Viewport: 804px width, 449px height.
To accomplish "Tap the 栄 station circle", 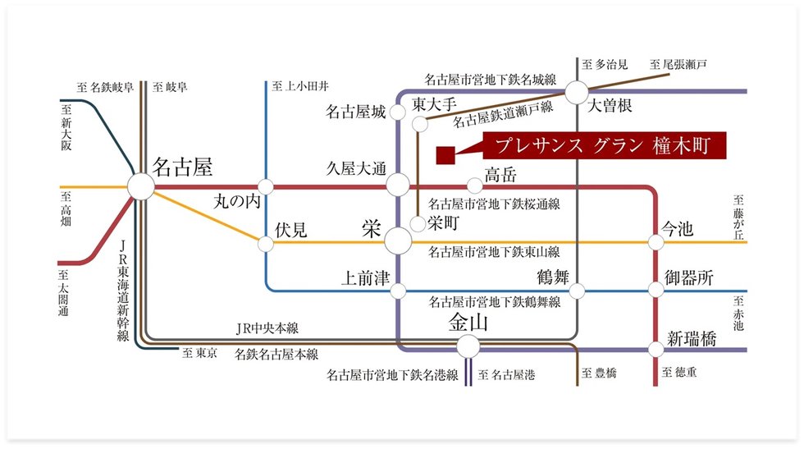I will coord(398,242).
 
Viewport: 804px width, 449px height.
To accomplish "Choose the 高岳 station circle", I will coord(474,186).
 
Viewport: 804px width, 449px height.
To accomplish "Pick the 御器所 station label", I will coord(689,279).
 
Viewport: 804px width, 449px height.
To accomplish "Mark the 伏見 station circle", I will coord(266,243).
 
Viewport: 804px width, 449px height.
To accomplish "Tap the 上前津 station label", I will coord(365,279).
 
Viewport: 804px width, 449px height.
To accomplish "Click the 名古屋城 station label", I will coord(355,112).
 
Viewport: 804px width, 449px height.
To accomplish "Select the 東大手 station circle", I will coord(420,124).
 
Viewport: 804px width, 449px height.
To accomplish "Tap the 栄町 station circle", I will coord(418,222).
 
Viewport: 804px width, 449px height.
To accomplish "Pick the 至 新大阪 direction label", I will coord(66,127).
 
